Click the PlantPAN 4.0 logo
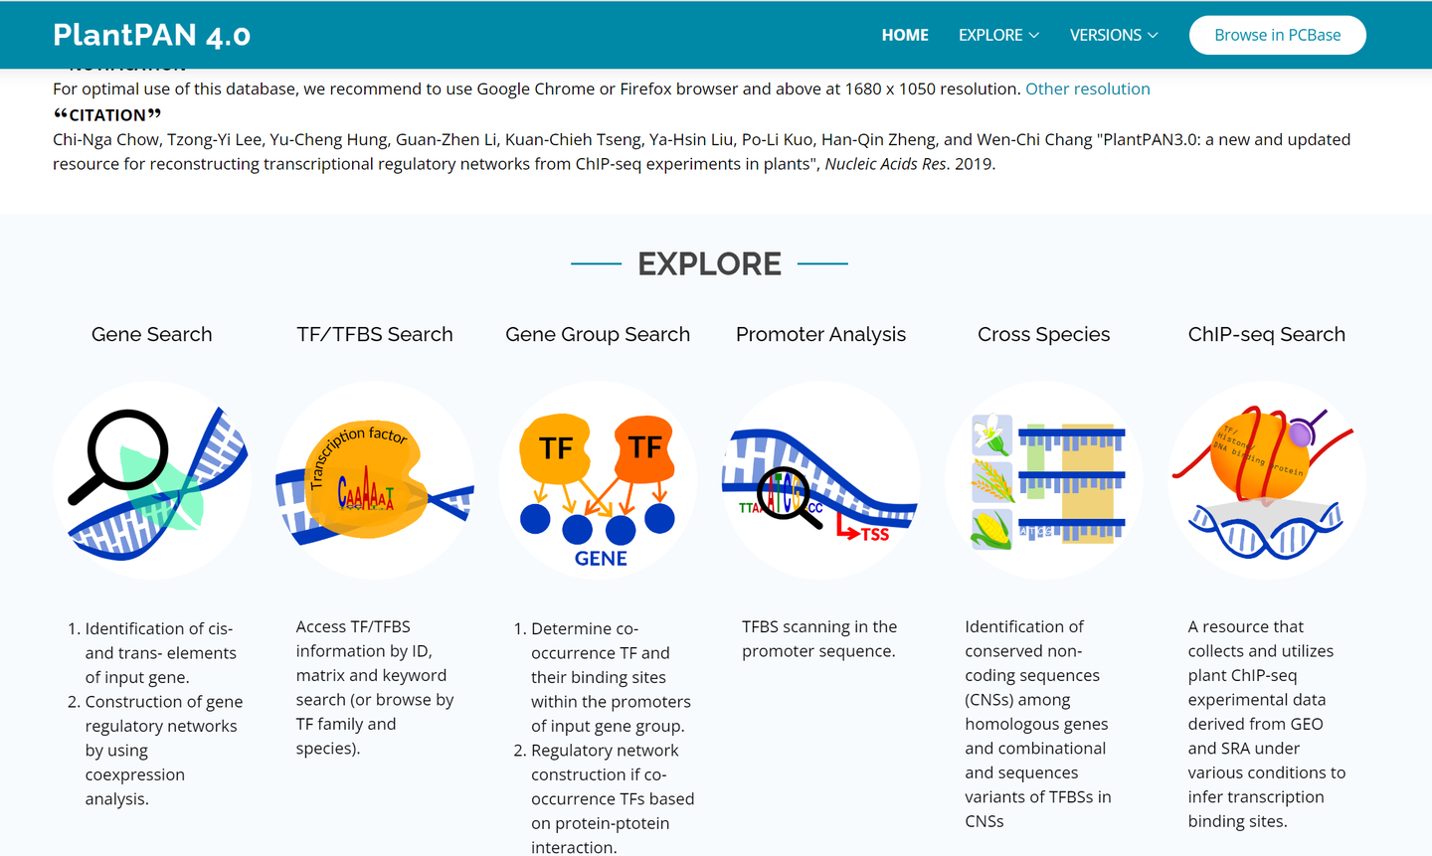(x=151, y=35)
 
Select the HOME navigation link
(x=905, y=35)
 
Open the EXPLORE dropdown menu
(x=998, y=35)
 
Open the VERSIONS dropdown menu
(x=1114, y=35)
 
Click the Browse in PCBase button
(x=1277, y=35)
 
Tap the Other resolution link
(x=1087, y=88)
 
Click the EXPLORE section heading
(x=709, y=263)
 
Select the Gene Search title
(x=152, y=334)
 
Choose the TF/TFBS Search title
(x=375, y=334)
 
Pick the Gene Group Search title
(x=598, y=334)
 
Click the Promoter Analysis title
(x=820, y=334)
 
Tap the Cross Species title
(x=1043, y=334)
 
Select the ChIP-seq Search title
(x=1266, y=334)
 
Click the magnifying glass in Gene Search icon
(x=127, y=450)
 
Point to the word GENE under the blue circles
(x=601, y=559)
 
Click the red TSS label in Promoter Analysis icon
(x=874, y=535)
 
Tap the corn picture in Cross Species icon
(x=991, y=529)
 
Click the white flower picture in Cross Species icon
(x=991, y=434)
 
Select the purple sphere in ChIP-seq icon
(x=1301, y=432)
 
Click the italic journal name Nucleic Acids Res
(x=885, y=164)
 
